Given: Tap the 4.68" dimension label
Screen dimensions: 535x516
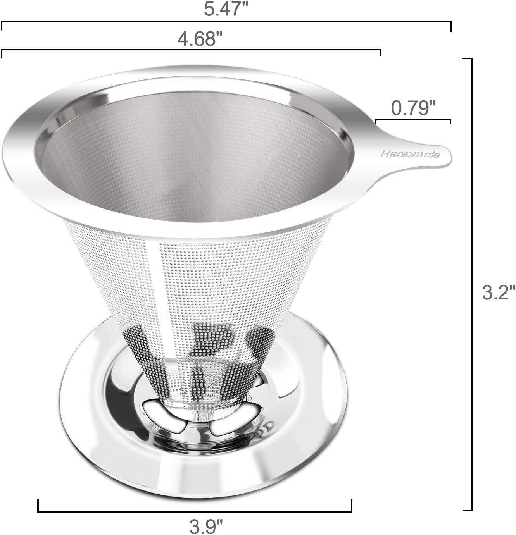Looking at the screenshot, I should (200, 39).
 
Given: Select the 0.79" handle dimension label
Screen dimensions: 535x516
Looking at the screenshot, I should (411, 108).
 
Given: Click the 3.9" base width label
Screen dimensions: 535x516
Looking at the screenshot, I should (206, 526).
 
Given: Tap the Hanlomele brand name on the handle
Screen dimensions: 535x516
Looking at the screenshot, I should (410, 154).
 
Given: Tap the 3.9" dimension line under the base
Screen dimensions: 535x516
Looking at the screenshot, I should (195, 511).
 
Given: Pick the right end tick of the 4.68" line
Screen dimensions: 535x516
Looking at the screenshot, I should (380, 53).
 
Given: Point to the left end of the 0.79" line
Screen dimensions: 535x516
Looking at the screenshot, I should (376, 121).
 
